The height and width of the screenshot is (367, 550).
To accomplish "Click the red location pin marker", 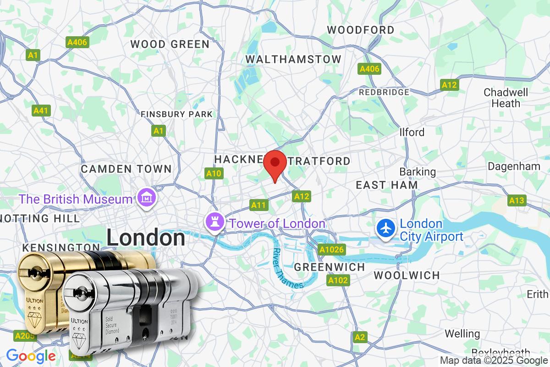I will pos(275,164).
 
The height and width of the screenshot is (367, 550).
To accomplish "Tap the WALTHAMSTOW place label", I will pos(293,59).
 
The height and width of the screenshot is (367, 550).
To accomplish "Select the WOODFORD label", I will pos(360,30).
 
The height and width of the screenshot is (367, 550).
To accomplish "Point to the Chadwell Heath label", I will pos(506,98).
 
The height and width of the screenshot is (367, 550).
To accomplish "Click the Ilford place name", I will pos(412,132).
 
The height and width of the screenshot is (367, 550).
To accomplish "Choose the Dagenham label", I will pos(514,166).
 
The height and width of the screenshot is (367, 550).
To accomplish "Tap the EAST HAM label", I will pos(387,185).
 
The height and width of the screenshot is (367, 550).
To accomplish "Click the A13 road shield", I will pos(517,200).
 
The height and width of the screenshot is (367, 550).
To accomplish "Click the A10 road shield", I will pos(214,173).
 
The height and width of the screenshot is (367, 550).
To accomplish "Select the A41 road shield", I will pos(41,111).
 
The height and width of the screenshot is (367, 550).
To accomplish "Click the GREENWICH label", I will pos(330,267).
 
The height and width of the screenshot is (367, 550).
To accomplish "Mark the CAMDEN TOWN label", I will pos(126,169).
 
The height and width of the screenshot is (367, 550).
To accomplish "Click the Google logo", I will pos(30,356).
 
